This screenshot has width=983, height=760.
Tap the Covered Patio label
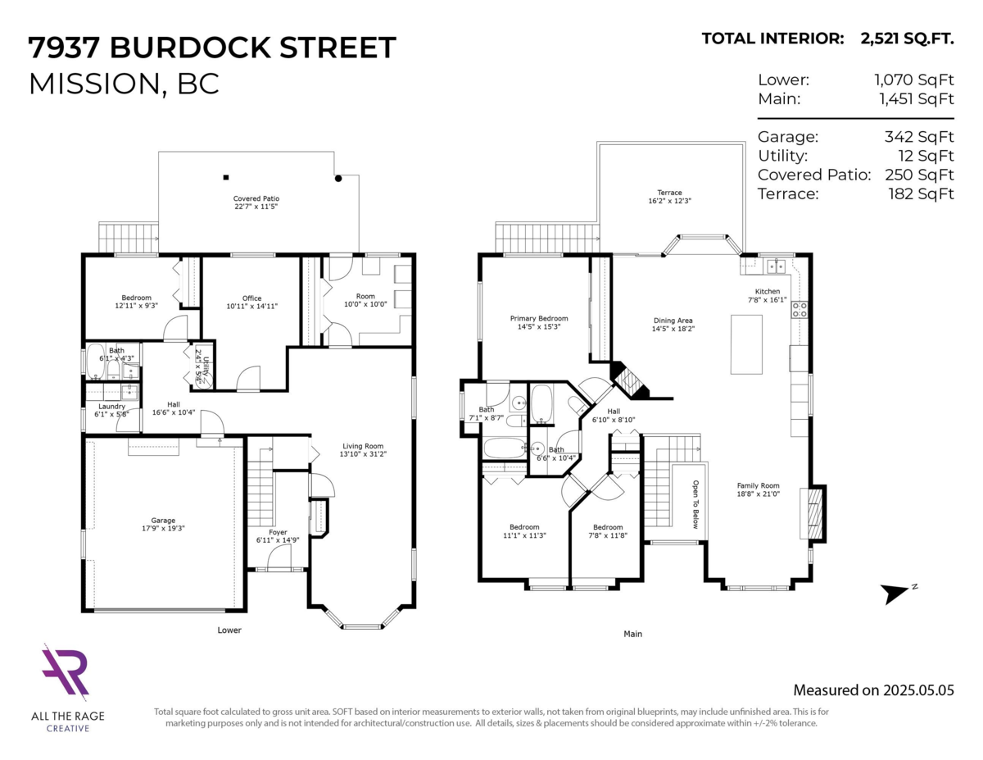(x=256, y=198)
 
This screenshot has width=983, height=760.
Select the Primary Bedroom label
(x=538, y=318)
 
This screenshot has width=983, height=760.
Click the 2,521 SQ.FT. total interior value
(x=907, y=38)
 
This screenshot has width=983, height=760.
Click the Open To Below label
(x=695, y=504)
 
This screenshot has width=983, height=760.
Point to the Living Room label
(x=362, y=447)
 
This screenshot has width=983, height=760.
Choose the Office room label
(x=251, y=298)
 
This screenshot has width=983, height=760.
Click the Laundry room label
(x=111, y=406)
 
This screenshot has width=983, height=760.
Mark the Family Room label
(x=758, y=485)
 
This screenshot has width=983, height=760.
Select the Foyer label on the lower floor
(x=278, y=530)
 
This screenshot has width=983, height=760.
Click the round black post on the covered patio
(x=337, y=177)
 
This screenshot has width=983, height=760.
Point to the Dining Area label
(x=673, y=321)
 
